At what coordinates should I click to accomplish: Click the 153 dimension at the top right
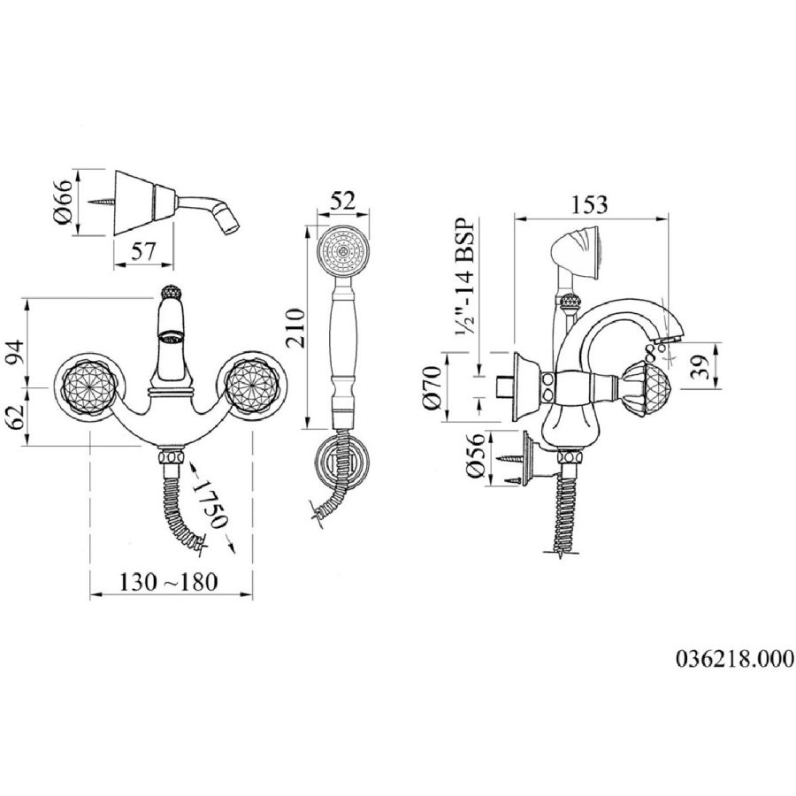(x=590, y=203)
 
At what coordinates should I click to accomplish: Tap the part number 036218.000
(x=735, y=659)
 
